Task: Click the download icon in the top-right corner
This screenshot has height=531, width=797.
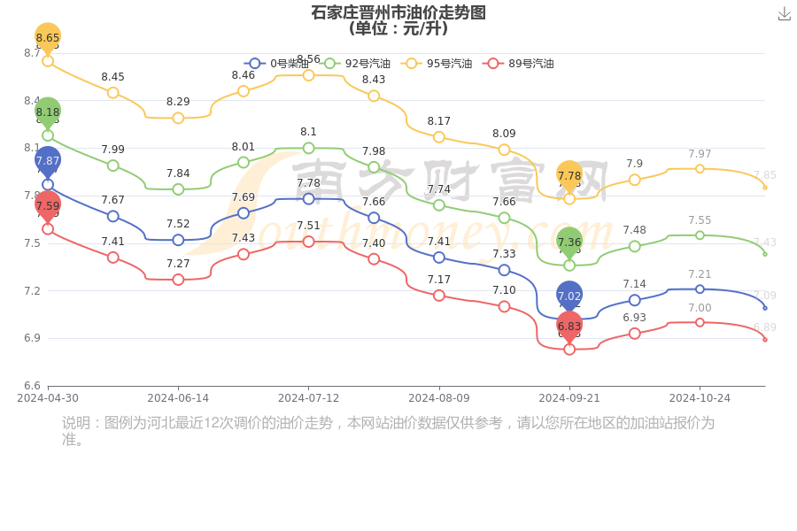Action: point(785,14)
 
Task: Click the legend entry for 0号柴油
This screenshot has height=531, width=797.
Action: point(276,64)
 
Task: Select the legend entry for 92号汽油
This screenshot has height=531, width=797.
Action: point(357,64)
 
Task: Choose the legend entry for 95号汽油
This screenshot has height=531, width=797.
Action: point(437,64)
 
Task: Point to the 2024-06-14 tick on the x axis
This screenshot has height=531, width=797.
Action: point(178,398)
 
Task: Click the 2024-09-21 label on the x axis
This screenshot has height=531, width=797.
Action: point(569,398)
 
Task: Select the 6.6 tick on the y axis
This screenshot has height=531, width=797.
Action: point(32,386)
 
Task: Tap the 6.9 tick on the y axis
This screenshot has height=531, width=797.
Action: point(32,338)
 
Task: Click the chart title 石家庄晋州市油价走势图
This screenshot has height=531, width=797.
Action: point(398,12)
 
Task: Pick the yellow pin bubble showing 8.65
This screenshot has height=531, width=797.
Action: point(48,37)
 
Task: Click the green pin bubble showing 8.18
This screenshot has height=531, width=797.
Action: point(48,112)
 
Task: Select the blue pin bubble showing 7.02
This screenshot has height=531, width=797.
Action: point(569,296)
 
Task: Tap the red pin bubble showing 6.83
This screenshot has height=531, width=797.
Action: point(569,326)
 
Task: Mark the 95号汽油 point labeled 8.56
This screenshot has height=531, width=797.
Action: point(308,75)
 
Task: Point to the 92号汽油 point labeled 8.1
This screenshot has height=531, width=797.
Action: point(308,148)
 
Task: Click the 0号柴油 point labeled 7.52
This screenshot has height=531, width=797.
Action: point(178,240)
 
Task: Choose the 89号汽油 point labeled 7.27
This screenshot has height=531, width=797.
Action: point(178,280)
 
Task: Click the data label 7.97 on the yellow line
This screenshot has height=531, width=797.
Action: point(700,154)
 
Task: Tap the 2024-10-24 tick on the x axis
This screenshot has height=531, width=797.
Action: point(700,398)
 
